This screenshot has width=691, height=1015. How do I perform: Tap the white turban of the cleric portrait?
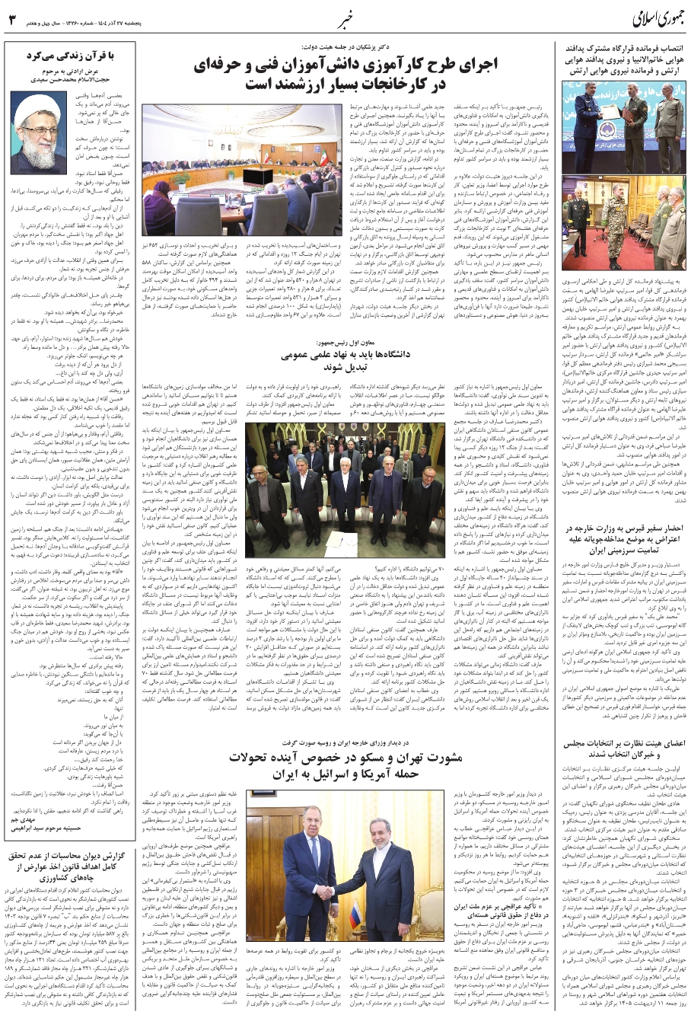[x=37, y=106]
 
